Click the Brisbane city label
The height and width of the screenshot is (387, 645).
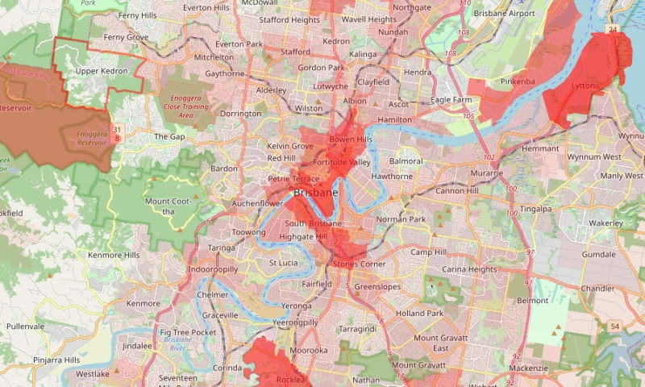[x=316, y=193]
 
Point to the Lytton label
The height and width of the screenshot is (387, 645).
[x=583, y=85]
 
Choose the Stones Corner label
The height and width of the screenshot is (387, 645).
[x=356, y=264]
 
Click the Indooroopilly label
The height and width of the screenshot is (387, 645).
[x=213, y=268]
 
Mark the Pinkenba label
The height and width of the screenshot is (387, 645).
[x=517, y=81]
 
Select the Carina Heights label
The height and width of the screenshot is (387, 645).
[x=469, y=268]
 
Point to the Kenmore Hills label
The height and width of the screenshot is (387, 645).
[x=114, y=255]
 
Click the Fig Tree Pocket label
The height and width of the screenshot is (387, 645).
[x=188, y=332]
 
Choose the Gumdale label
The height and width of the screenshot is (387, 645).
[x=599, y=254]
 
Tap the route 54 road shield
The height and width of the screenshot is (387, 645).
[x=614, y=325]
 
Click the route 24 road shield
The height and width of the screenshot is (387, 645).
[x=613, y=29]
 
